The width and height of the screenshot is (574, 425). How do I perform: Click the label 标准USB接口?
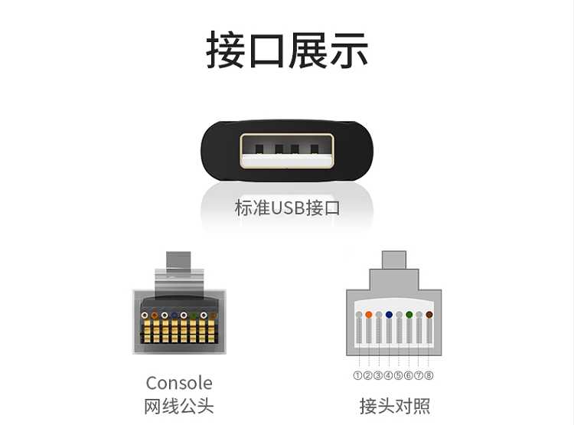(286, 208)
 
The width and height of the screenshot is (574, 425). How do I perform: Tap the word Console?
(179, 383)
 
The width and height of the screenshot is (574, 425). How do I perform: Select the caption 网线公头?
(179, 406)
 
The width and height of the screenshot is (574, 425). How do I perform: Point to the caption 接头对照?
(394, 406)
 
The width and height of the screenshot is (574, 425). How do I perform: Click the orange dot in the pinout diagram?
(368, 315)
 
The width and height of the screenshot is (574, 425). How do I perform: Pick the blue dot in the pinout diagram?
(389, 315)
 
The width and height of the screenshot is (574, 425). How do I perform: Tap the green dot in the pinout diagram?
(409, 315)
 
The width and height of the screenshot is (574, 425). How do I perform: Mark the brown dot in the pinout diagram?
(429, 315)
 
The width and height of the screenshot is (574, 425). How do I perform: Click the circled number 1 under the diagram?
(357, 375)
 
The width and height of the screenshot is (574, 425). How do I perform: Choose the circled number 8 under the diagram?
(429, 375)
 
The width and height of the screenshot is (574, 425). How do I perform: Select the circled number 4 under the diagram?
(388, 375)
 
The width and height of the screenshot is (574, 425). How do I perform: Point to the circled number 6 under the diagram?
(409, 375)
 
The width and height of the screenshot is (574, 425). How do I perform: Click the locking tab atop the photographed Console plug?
(179, 264)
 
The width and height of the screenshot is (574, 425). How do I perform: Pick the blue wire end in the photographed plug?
(174, 315)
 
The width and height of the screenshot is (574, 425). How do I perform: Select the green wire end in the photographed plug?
(194, 315)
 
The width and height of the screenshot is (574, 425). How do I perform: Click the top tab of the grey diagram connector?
(393, 259)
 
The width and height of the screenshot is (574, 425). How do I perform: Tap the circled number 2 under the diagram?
(367, 375)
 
